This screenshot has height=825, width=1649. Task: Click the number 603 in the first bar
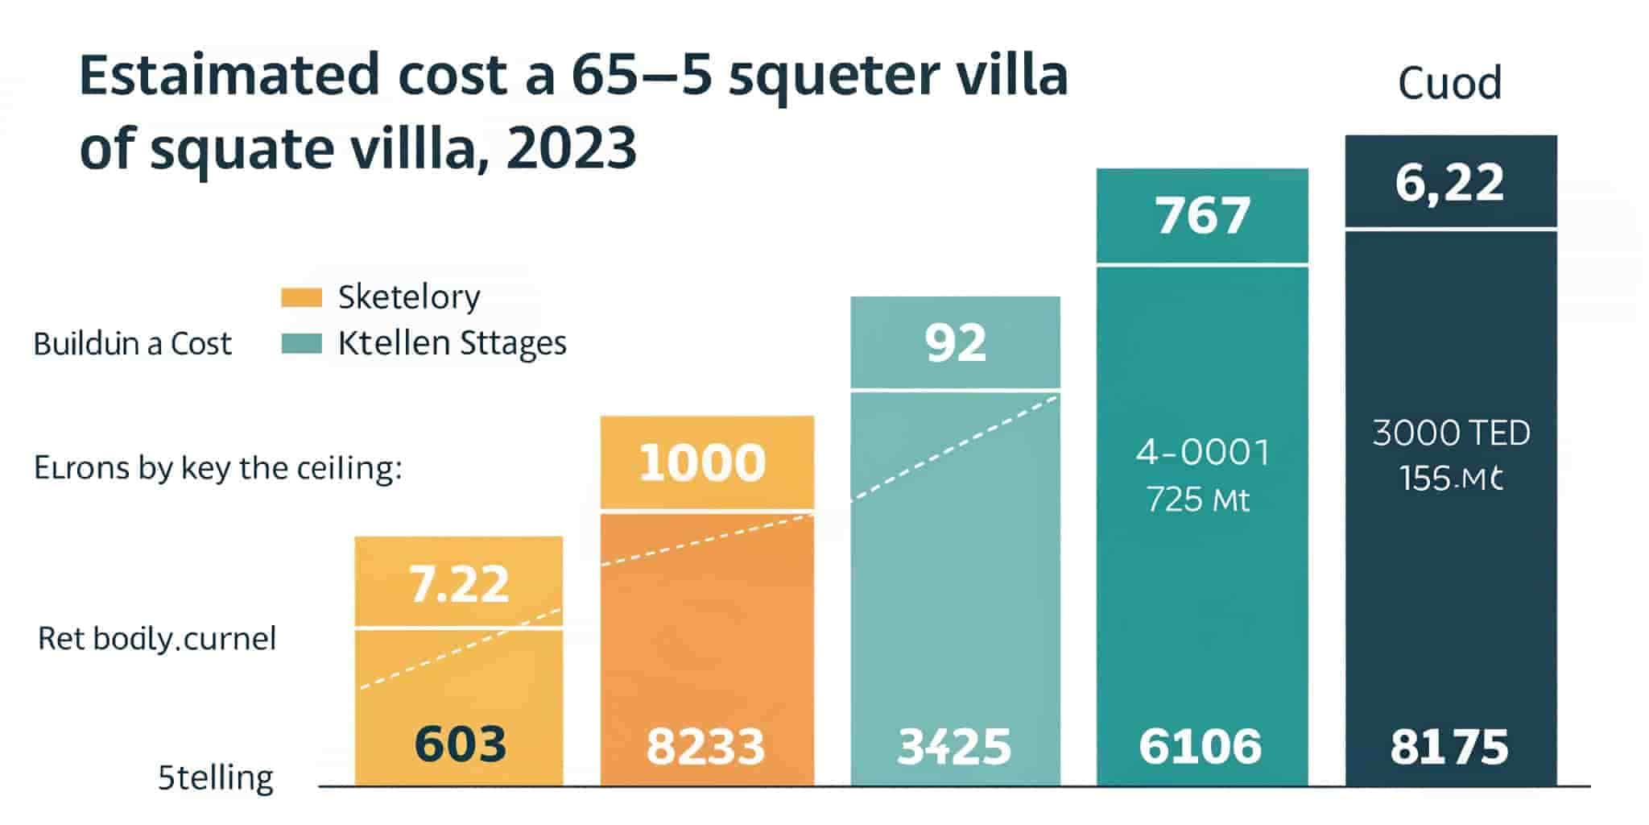460,744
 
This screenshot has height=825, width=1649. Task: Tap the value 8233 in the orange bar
705,746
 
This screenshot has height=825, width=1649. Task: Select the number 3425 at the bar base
954,746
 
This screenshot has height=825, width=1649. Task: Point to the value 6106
1200,746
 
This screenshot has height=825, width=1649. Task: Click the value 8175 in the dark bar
1449,746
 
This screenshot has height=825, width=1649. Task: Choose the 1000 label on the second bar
702,462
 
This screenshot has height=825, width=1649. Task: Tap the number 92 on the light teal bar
955,342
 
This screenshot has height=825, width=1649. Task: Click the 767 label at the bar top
1203,215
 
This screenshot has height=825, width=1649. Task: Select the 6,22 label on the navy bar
1449,182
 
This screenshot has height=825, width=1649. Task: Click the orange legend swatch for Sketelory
301,297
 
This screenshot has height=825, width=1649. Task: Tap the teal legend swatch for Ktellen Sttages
301,344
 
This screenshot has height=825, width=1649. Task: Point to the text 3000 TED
1451,433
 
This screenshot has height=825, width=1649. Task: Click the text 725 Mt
1198,500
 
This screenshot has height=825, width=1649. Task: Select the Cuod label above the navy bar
1449,83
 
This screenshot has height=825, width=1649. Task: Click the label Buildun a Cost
132,344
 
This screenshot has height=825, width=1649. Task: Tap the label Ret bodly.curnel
157,639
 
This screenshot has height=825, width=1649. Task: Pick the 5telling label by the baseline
216,778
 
